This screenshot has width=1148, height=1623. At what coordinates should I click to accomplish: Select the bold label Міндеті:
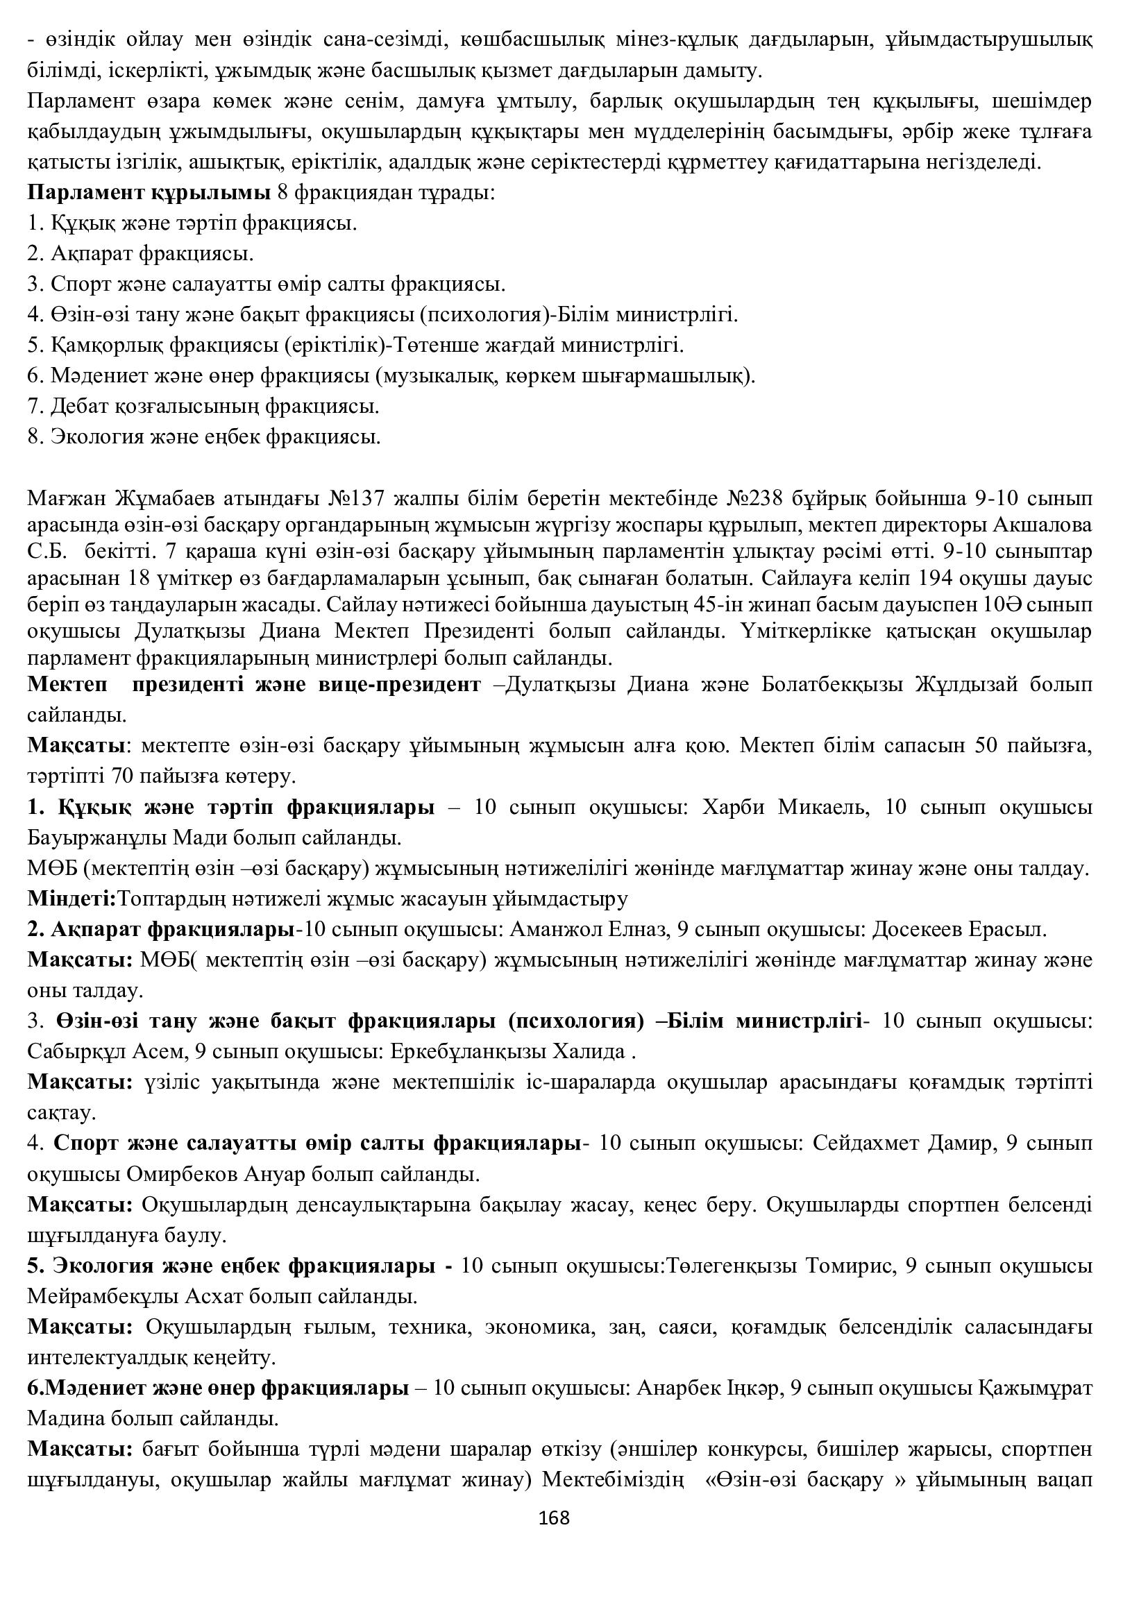pyautogui.click(x=72, y=899)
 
